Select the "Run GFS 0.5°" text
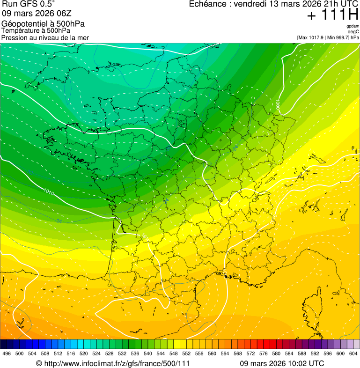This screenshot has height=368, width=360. pyautogui.click(x=28, y=5)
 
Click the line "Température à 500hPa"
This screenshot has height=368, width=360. pyautogui.click(x=36, y=30)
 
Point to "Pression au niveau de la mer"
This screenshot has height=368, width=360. pyautogui.click(x=45, y=37)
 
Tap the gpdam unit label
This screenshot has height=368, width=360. pyautogui.click(x=353, y=26)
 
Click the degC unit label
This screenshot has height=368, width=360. pyautogui.click(x=353, y=32)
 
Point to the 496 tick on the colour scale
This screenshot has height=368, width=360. pyautogui.click(x=7, y=353)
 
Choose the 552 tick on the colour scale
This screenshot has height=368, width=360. pyautogui.click(x=186, y=353)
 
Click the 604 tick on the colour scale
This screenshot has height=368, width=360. pyautogui.click(x=353, y=353)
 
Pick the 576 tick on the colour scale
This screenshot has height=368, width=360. pyautogui.click(x=264, y=353)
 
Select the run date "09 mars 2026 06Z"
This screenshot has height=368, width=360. pyautogui.click(x=33, y=14)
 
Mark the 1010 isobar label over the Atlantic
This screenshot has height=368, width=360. pyautogui.click(x=48, y=191)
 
